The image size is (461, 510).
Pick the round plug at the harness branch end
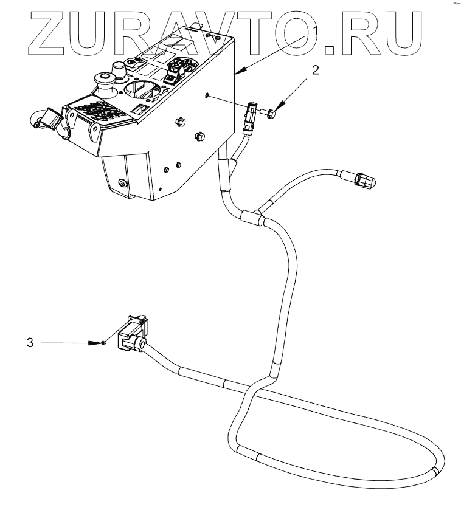click(x=363, y=181)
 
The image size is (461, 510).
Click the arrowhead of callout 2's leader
click(x=277, y=107)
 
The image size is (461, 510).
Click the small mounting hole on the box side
click(x=208, y=95)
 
